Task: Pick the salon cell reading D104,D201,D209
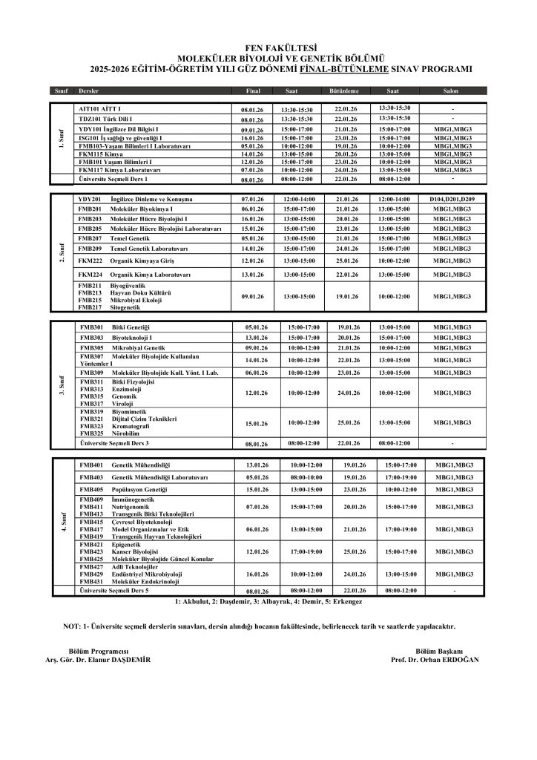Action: click(452, 200)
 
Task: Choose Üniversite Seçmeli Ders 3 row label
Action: click(114, 442)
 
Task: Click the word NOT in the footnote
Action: click(73, 626)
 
